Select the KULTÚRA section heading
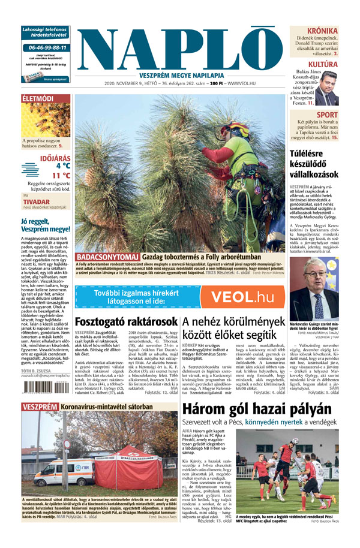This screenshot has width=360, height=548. (x=323, y=64)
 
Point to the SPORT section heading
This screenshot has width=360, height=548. (x=327, y=115)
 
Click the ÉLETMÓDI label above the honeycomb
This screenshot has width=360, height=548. (x=38, y=98)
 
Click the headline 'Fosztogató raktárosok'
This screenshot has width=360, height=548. (x=125, y=321)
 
